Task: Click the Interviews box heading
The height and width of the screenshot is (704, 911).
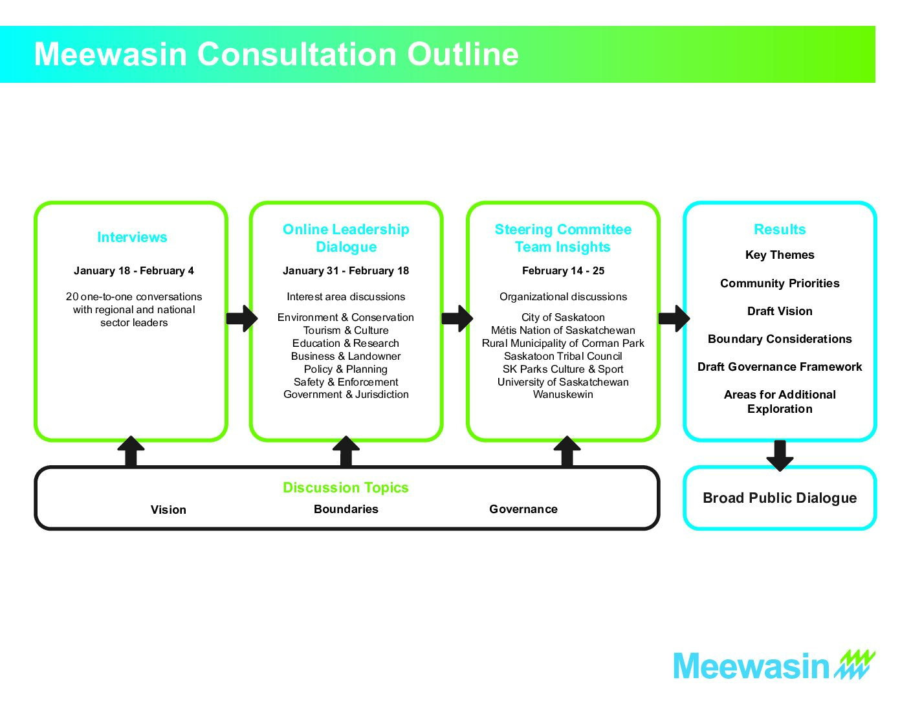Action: click(x=132, y=237)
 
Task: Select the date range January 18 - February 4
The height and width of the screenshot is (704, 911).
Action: click(x=134, y=271)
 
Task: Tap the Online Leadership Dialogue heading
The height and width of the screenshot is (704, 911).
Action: click(x=346, y=237)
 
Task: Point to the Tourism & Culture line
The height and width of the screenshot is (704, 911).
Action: click(x=346, y=331)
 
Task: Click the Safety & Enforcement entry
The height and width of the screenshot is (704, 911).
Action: click(x=346, y=382)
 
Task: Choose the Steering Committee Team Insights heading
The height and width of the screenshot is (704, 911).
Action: click(x=563, y=237)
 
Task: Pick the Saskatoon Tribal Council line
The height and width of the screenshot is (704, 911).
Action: click(x=563, y=357)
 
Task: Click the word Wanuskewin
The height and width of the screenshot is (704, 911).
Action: click(x=563, y=395)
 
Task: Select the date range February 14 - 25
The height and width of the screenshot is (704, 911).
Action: click(x=563, y=271)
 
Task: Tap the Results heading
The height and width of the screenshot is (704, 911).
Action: click(x=780, y=229)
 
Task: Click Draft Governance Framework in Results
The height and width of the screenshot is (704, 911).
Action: click(x=780, y=367)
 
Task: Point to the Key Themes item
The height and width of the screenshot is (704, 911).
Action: click(x=780, y=255)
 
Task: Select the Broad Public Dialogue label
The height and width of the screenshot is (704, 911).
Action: click(x=780, y=498)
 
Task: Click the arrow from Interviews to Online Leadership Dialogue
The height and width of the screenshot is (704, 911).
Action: click(x=242, y=318)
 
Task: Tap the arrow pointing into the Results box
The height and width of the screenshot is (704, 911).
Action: click(x=674, y=318)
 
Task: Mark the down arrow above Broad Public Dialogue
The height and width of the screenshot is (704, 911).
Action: click(x=780, y=456)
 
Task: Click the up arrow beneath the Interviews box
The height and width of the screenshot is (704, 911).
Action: click(x=131, y=451)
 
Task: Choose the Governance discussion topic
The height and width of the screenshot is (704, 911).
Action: click(x=523, y=509)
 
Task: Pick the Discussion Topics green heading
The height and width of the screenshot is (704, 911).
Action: click(x=346, y=488)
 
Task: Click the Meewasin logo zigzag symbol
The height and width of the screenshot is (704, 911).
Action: click(x=855, y=664)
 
